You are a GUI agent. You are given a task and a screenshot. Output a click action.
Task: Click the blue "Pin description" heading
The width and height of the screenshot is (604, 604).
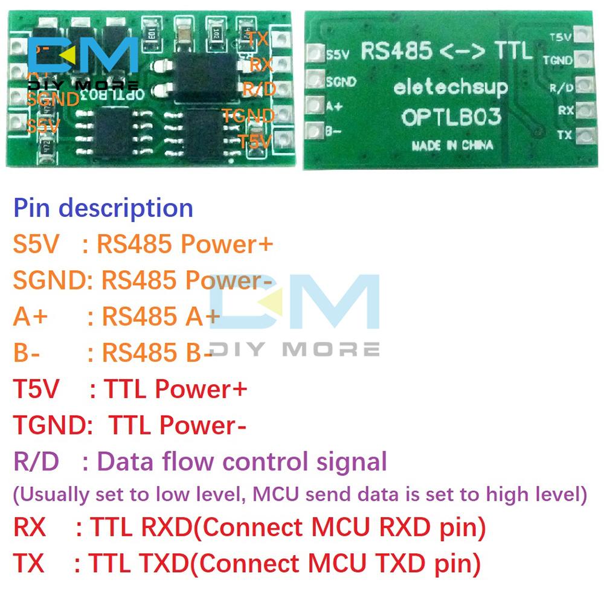(103, 208)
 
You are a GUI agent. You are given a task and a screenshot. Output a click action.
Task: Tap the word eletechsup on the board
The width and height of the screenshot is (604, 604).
(451, 88)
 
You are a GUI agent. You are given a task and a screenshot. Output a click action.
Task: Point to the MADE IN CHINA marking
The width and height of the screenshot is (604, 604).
(452, 145)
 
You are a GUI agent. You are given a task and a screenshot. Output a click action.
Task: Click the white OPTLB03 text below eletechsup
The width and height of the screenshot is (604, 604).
(452, 116)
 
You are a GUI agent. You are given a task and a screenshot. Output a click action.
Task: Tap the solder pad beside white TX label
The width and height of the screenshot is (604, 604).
(582, 136)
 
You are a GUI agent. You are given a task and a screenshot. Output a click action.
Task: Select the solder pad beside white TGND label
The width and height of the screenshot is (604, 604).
(582, 59)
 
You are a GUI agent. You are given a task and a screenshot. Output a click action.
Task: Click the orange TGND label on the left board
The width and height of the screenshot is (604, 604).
(248, 115)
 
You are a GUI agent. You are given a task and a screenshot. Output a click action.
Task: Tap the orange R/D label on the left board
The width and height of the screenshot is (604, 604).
(259, 89)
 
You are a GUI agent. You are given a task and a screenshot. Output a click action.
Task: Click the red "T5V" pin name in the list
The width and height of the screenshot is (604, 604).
(36, 390)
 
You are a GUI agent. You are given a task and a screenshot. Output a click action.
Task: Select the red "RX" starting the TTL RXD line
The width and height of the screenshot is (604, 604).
(30, 528)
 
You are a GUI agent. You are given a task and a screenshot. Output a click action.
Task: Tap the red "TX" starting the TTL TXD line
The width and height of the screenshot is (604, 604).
(28, 564)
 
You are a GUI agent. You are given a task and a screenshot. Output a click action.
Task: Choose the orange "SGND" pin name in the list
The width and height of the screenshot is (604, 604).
(49, 281)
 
